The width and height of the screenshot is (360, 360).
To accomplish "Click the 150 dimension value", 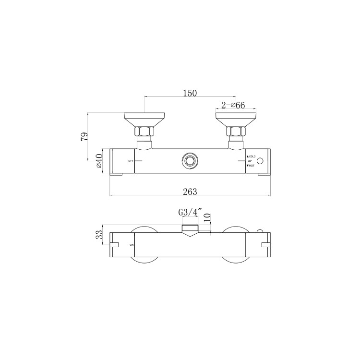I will [191, 93].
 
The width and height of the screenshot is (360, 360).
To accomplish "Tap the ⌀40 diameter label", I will [99, 160].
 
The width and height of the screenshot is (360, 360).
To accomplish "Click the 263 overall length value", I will [191, 192].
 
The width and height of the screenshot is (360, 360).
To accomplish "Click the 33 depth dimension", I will [99, 236].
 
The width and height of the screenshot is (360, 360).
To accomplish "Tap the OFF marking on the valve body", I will [131, 160].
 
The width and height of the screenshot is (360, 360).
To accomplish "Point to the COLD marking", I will [252, 156].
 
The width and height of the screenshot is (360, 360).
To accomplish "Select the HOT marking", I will [251, 166].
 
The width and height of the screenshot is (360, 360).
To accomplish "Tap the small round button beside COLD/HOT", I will [261, 161].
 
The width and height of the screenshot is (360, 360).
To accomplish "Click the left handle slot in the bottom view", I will [114, 246].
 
